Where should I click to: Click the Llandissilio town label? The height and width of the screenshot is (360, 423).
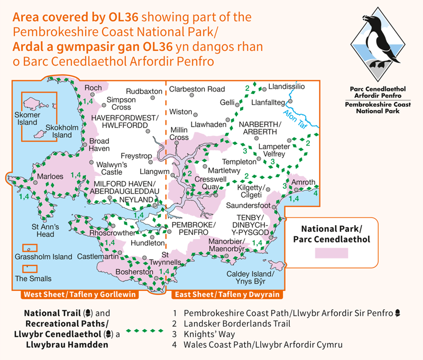point(287,85)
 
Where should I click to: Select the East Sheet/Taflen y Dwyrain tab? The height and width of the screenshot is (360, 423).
point(227,295)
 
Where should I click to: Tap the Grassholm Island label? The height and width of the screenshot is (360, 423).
point(43,257)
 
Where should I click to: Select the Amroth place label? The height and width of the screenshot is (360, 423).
point(304,181)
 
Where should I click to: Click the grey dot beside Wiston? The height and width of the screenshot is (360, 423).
point(196,113)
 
